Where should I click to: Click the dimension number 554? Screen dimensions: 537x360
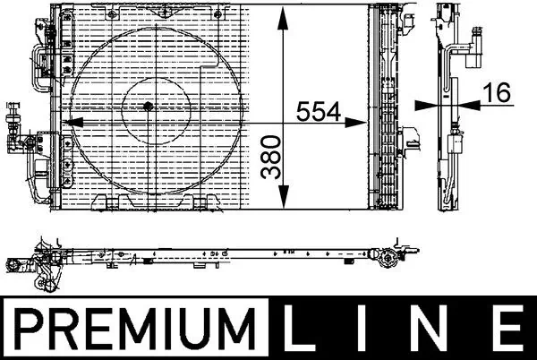click(x=319, y=112)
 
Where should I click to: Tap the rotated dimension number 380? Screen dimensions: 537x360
click(x=271, y=157)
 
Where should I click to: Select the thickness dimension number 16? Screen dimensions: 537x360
click(x=498, y=92)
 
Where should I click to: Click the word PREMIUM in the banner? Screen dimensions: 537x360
click(x=136, y=328)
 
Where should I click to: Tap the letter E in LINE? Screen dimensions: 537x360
click(x=507, y=328)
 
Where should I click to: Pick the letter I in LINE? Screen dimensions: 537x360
click(x=362, y=328)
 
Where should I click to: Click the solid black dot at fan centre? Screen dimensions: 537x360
click(x=148, y=107)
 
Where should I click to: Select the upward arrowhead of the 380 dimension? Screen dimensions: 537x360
click(x=283, y=19)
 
